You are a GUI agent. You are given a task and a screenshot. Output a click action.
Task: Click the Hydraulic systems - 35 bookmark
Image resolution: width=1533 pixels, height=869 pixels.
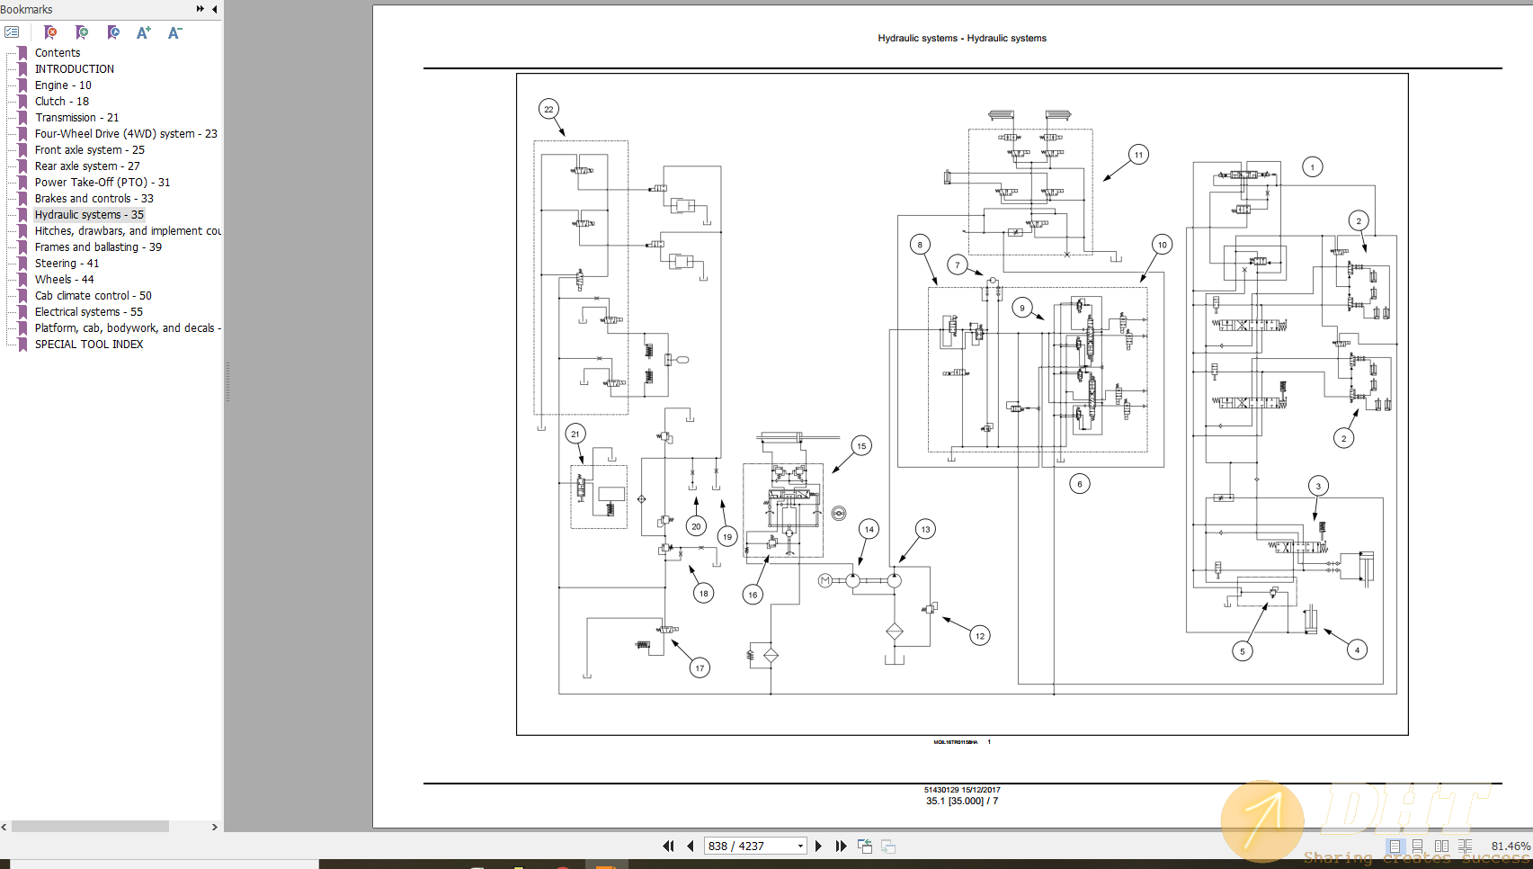[x=89, y=215]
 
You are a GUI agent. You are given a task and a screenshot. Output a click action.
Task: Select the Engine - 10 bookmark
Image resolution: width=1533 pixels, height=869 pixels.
[x=63, y=85]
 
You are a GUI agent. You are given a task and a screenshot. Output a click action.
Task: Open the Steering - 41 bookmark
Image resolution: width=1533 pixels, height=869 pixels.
[x=67, y=264]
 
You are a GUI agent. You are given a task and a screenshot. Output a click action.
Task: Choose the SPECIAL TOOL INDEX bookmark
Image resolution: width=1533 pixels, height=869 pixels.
[x=89, y=345]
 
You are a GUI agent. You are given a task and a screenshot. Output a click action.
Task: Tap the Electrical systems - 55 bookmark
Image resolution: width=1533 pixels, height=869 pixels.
[x=88, y=312]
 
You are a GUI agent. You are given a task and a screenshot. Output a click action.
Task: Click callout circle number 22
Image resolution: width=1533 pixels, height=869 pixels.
[x=548, y=110]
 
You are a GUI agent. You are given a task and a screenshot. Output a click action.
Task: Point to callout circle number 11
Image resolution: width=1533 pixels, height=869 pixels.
[x=1138, y=155]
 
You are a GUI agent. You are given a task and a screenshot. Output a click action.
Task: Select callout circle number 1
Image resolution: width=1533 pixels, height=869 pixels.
[x=1312, y=167]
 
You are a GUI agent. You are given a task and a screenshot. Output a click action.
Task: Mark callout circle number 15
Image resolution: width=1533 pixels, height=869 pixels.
[x=861, y=446]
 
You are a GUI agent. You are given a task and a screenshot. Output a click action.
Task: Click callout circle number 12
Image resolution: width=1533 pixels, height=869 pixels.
[x=980, y=636]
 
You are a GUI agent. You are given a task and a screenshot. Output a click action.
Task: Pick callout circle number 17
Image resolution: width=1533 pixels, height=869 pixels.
[x=700, y=668]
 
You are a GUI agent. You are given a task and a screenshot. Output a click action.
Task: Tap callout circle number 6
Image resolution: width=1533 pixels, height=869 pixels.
[x=1080, y=484]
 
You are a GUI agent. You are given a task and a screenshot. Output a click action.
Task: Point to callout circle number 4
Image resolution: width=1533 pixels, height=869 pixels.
[x=1357, y=650]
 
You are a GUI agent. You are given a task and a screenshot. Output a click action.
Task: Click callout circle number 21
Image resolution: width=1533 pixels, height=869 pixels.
[x=575, y=434]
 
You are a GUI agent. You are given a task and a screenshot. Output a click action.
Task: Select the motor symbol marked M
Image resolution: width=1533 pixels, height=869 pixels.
[x=825, y=581]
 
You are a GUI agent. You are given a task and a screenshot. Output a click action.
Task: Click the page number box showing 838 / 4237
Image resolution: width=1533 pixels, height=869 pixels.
[x=752, y=847]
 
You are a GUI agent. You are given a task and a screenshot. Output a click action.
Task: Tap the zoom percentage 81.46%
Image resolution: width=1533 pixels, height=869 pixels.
[x=1510, y=847]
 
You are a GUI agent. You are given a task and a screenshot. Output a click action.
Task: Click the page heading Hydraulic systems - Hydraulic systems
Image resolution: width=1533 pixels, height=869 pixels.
[x=962, y=39]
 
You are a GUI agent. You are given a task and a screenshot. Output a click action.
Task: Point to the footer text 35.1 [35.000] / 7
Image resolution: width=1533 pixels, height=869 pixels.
[x=962, y=802]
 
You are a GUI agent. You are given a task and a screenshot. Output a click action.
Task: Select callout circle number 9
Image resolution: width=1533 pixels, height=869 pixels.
[x=1021, y=308]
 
